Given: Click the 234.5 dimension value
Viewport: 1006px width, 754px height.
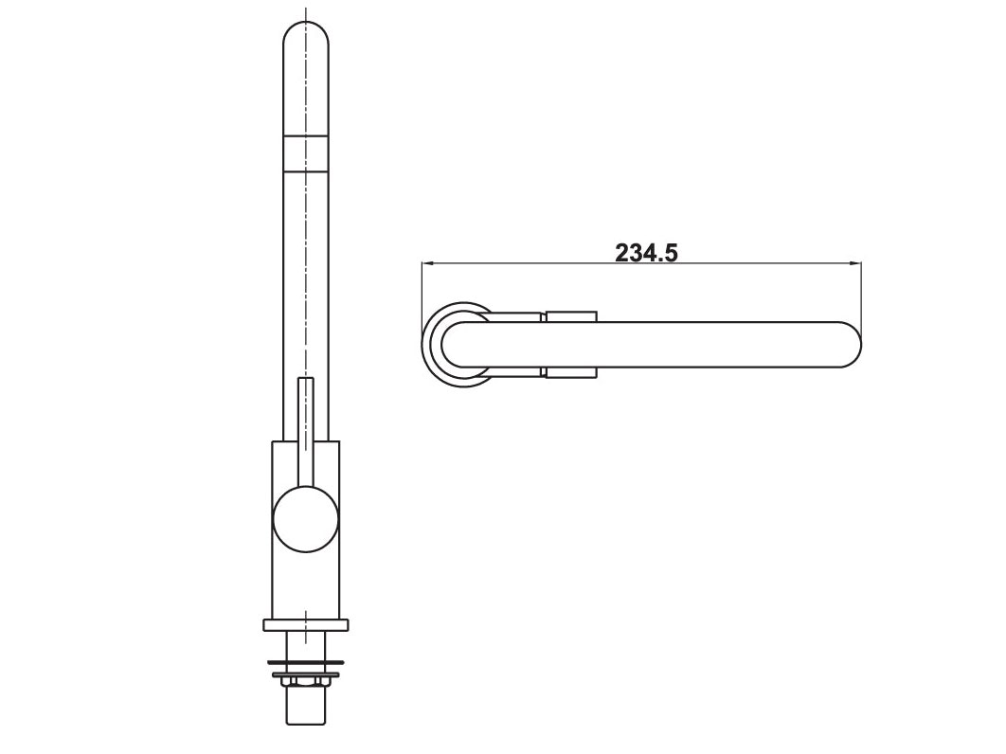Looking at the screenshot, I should [647, 253].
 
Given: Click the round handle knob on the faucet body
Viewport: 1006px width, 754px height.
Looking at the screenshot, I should [305, 519].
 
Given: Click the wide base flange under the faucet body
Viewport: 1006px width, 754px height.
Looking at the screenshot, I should [305, 624].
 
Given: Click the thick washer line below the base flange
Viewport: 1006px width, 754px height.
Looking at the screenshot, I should [305, 659].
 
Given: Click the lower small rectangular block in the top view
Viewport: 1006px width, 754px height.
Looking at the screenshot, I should [571, 372].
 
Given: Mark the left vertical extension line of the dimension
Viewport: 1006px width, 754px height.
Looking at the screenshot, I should [422, 294].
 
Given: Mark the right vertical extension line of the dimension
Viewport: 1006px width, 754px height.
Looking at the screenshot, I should [861, 294].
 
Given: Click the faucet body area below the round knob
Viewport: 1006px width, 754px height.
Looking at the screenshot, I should [305, 583].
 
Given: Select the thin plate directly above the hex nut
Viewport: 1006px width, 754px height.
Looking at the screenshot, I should [305, 673].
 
